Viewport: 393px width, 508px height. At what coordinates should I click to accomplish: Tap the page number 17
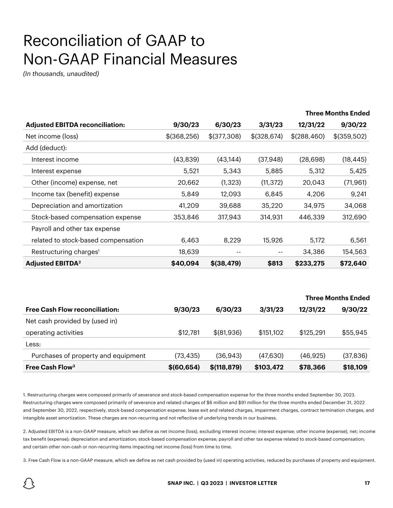[367, 483]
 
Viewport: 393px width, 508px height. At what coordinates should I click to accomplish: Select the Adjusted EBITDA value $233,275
[310, 263]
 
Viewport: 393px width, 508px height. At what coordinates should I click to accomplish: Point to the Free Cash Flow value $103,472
[269, 367]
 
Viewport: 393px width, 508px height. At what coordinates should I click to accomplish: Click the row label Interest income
[55, 159]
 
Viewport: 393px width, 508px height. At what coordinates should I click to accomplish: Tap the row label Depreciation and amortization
[77, 205]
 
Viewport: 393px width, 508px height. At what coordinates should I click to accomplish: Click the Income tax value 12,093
[229, 194]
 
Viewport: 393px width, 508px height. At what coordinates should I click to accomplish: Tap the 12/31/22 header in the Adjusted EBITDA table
[312, 125]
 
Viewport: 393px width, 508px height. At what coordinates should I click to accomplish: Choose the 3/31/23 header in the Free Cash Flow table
[271, 309]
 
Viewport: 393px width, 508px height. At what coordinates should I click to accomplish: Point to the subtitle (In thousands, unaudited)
[61, 74]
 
